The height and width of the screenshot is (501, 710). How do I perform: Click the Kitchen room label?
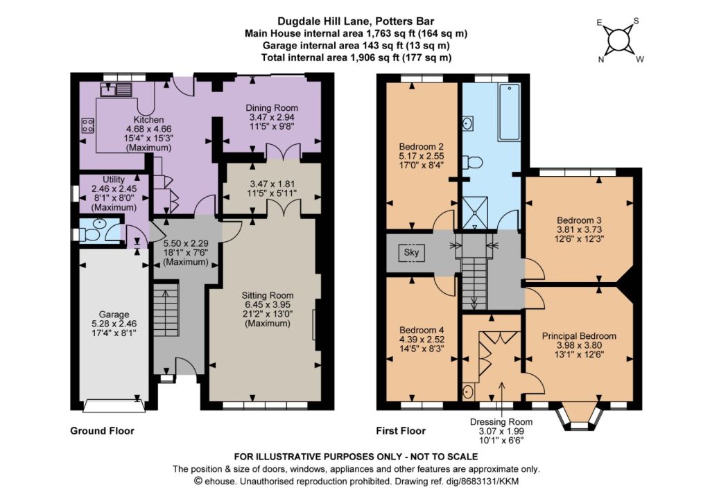coord(148,120)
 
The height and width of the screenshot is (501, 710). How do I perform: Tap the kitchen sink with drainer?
coord(116,89)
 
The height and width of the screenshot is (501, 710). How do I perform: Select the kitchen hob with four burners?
coord(87,125)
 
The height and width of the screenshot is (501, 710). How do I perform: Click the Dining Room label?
coord(272,107)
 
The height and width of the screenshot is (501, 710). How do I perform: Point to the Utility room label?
coord(113,179)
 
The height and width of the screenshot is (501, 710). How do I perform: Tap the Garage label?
coord(114,314)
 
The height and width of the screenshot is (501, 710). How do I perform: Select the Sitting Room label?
coord(267,295)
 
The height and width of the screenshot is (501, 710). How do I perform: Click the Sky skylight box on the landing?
coord(412,252)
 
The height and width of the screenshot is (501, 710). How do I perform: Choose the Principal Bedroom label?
coord(579,336)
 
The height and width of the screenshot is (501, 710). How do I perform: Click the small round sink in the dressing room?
coord(468,391)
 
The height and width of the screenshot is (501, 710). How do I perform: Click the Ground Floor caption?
coord(103,431)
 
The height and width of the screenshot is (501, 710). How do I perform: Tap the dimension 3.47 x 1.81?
coord(272,184)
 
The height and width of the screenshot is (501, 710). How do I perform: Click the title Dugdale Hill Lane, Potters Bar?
coord(356,21)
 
